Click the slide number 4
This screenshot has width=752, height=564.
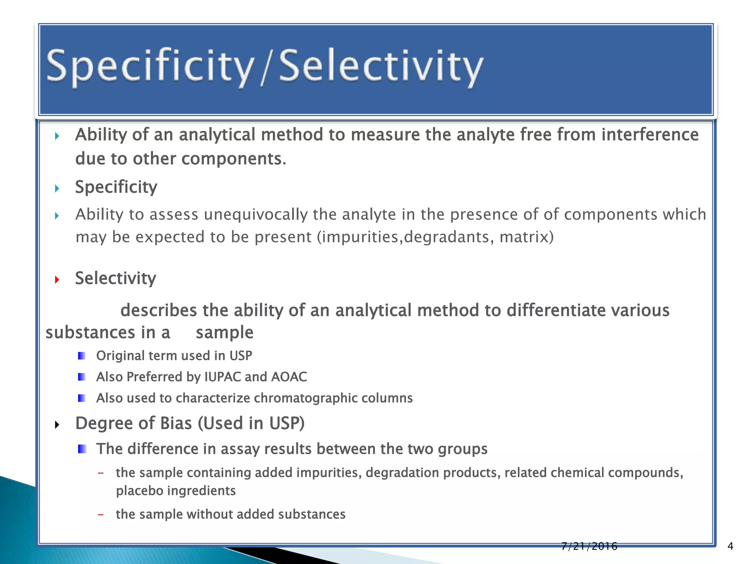coord(730,546)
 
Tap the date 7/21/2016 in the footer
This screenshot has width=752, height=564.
coord(589,546)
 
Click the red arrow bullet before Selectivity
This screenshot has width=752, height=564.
coord(57,280)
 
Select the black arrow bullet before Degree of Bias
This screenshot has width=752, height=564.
coord(57,425)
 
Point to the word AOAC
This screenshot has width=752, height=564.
coord(289,377)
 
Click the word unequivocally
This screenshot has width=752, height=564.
coord(256,215)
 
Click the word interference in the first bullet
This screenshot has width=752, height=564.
coord(650,135)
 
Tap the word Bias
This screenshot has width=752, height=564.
coord(176,423)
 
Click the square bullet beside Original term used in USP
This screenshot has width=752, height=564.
coord(82,356)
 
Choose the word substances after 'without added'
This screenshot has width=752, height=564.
coord(312,514)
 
